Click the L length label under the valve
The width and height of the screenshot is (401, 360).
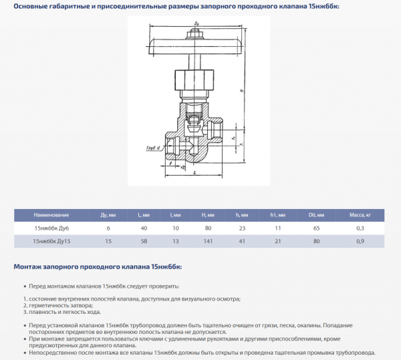click(x=194, y=173)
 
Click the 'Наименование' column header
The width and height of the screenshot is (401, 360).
click(x=51, y=215)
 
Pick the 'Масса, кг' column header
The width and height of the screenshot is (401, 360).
click(x=360, y=215)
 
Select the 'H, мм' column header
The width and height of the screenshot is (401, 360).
click(x=208, y=215)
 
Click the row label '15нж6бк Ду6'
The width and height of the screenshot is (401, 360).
click(x=51, y=228)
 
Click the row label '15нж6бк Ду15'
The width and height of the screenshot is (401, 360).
click(x=51, y=240)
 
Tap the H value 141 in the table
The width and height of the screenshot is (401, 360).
click(x=208, y=240)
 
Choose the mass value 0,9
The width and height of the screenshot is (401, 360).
click(x=360, y=240)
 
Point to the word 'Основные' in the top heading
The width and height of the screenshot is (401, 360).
click(x=32, y=6)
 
